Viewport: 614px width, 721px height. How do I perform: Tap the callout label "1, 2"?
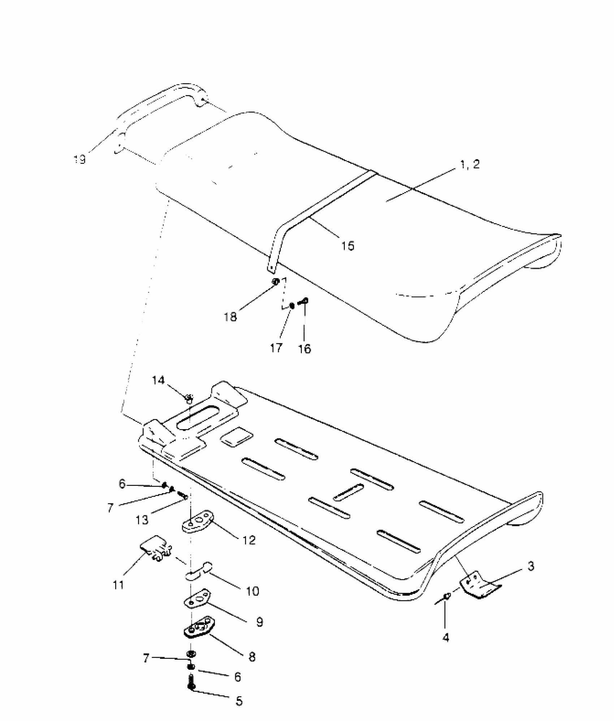(x=470, y=164)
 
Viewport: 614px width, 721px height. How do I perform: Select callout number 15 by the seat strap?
(x=348, y=246)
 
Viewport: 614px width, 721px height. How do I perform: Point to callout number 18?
(x=230, y=317)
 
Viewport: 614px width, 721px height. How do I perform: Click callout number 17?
(x=276, y=348)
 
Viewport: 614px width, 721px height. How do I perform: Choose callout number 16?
(x=305, y=349)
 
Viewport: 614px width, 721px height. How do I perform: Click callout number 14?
(x=158, y=380)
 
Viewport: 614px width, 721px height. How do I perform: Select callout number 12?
(x=249, y=550)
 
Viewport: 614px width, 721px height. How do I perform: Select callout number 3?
(x=531, y=566)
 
